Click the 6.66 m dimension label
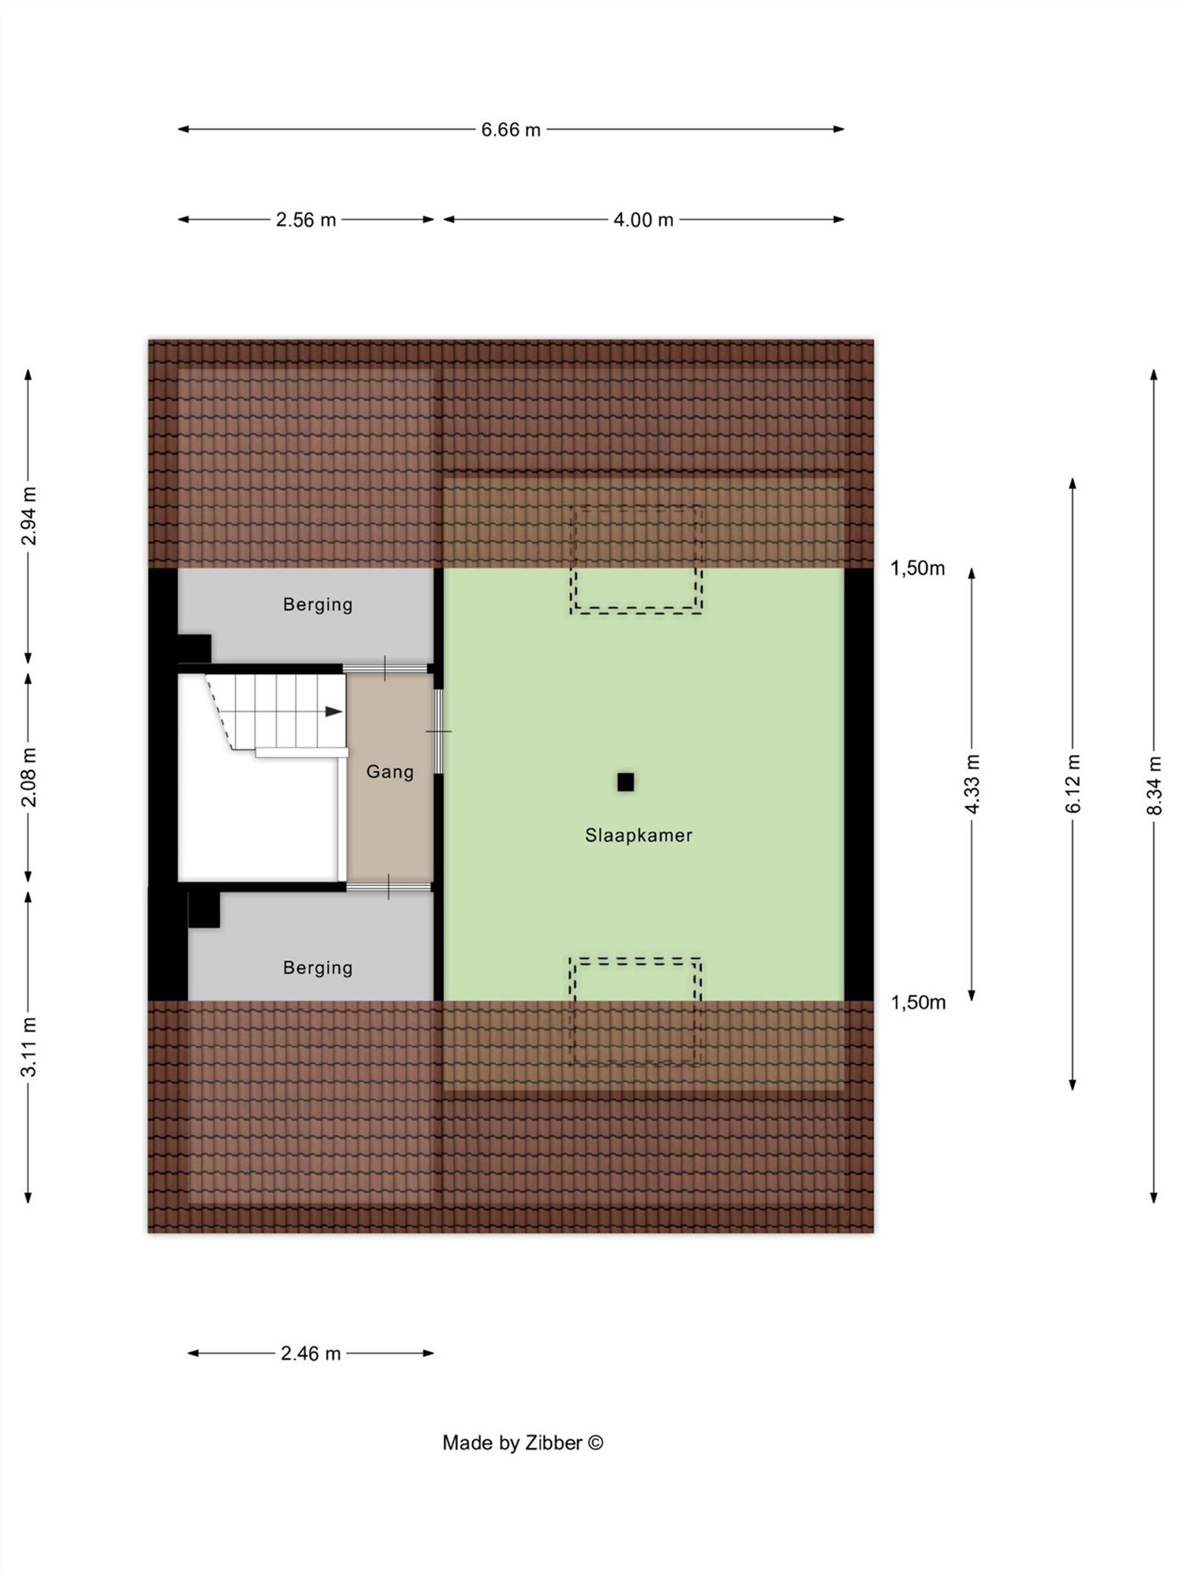click(510, 130)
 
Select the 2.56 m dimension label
click(306, 220)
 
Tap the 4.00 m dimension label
click(643, 220)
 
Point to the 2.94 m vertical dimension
click(29, 516)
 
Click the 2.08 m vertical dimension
click(29, 777)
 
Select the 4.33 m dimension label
click(972, 784)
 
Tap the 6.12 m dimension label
click(1073, 784)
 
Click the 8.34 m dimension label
click(1155, 785)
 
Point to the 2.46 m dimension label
click(310, 1354)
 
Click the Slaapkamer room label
click(638, 836)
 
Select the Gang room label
click(390, 772)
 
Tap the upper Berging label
click(318, 604)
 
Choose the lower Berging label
click(318, 967)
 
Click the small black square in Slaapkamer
click(626, 782)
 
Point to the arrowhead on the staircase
click(334, 712)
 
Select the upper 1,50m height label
click(918, 568)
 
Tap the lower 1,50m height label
click(918, 1003)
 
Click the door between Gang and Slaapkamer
click(439, 731)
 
